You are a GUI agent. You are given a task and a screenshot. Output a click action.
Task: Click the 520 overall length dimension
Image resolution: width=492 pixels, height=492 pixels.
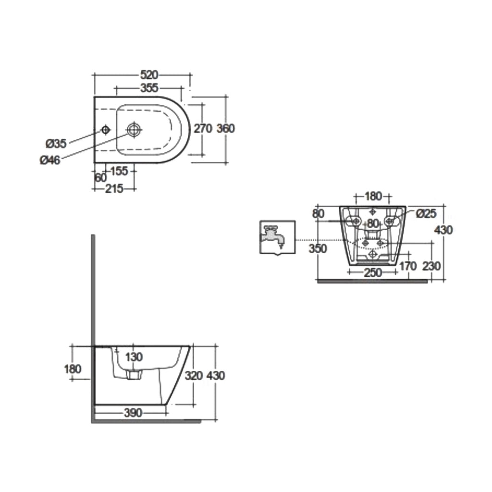[149, 75]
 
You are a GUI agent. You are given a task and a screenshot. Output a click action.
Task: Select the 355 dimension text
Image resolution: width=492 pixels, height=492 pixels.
[149, 88]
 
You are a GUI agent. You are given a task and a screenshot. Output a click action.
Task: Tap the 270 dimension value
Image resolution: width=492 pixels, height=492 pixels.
[203, 128]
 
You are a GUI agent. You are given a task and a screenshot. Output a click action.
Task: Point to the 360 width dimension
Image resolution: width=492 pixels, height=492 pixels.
[225, 128]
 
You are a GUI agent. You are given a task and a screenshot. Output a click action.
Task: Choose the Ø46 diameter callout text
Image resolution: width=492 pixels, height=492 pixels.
[50, 160]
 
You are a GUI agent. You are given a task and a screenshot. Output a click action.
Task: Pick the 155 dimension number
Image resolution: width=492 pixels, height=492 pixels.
[119, 171]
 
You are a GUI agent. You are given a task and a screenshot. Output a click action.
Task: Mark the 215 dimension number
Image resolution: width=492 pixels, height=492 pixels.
[114, 188]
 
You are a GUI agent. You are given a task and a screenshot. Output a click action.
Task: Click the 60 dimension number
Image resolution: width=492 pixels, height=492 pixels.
[100, 177]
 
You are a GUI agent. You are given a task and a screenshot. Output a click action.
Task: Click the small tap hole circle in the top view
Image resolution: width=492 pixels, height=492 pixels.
[106, 129]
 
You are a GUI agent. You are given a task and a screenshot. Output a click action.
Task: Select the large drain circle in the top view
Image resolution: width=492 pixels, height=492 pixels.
[134, 129]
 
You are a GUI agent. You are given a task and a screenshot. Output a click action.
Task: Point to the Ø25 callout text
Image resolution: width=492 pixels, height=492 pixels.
[426, 214]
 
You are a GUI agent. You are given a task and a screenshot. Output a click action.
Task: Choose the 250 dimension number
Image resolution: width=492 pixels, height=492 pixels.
[372, 273]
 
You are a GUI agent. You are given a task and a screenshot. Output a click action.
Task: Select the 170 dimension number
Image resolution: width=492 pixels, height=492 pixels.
[408, 266]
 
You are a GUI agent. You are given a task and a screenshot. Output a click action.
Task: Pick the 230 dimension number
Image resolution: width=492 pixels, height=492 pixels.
[431, 266]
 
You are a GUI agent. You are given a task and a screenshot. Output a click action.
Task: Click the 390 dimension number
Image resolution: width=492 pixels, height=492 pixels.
[132, 413]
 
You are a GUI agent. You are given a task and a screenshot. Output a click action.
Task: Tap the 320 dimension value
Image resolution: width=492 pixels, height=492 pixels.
[194, 376]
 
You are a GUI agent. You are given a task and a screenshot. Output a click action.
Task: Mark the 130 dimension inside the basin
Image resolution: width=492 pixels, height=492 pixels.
[134, 357]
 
